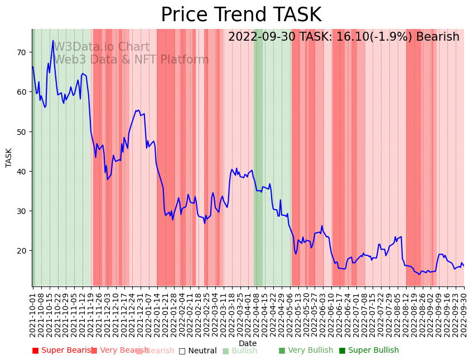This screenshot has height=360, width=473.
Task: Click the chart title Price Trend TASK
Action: click(241, 15)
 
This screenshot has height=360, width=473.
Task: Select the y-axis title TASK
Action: click(9, 158)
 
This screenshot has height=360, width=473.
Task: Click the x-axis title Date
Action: click(248, 343)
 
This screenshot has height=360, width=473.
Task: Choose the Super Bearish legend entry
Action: click(62, 351)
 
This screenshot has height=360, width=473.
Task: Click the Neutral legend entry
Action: click(197, 351)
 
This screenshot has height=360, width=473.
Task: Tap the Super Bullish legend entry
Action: click(369, 351)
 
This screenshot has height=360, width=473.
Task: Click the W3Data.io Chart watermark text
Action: click(102, 47)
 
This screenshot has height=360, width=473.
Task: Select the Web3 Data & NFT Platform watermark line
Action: click(131, 60)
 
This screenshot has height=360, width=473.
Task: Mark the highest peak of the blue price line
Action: click(53, 40)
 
